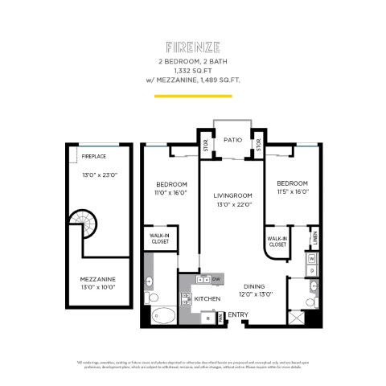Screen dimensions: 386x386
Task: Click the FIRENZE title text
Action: (192, 47)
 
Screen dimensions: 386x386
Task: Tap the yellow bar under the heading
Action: (192, 96)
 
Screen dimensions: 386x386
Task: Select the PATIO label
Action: (232, 139)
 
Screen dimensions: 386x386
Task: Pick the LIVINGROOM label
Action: (232, 195)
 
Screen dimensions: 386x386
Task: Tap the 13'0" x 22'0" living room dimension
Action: (232, 204)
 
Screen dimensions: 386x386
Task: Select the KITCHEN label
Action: (207, 298)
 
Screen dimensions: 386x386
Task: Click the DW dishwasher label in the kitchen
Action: (216, 279)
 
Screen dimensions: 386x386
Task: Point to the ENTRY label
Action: (238, 314)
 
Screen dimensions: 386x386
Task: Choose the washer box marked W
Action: (311, 258)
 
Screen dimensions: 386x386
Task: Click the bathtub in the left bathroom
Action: (161, 314)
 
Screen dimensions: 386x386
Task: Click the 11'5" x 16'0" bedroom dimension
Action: (290, 192)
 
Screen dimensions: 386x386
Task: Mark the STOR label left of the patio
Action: (206, 146)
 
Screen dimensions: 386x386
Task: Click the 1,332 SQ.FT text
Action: (192, 70)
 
